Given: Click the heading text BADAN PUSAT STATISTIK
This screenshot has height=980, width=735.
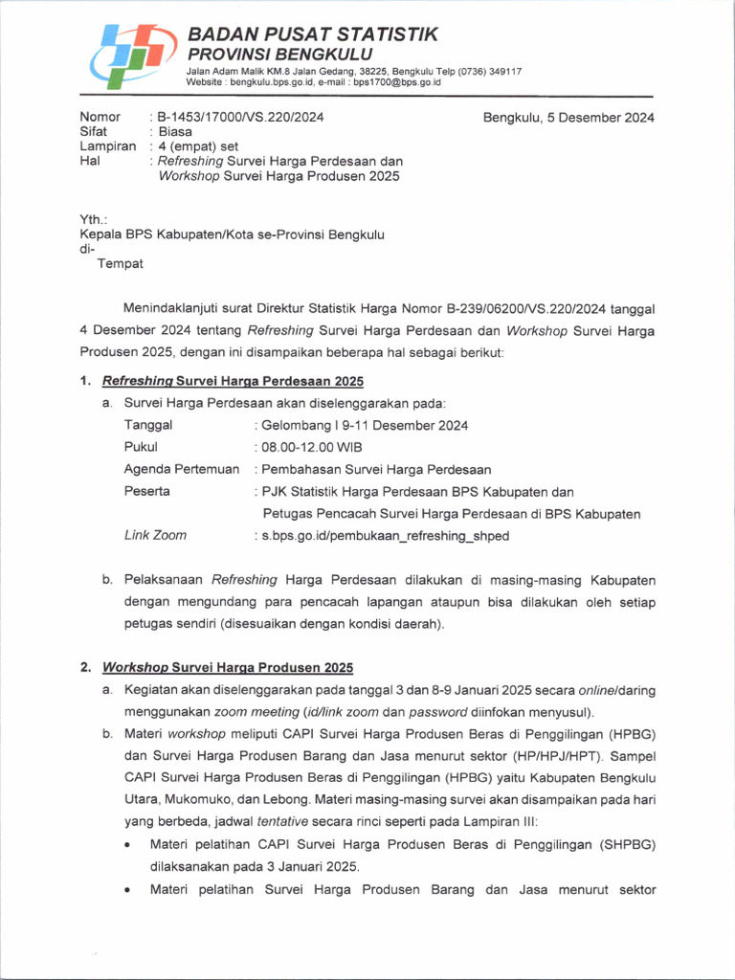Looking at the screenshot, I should click(x=312, y=34).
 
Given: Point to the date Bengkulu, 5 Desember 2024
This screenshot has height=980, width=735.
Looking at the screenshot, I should click(x=568, y=118).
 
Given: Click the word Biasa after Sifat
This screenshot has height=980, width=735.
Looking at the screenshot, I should click(x=174, y=132).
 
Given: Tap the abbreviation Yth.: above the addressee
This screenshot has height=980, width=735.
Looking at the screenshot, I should click(x=93, y=219).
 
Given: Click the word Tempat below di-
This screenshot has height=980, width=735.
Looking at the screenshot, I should click(x=121, y=263).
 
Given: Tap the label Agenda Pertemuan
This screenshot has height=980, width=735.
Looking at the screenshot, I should click(x=182, y=469).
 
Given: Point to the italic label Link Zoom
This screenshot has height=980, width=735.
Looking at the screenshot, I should click(x=155, y=535).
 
